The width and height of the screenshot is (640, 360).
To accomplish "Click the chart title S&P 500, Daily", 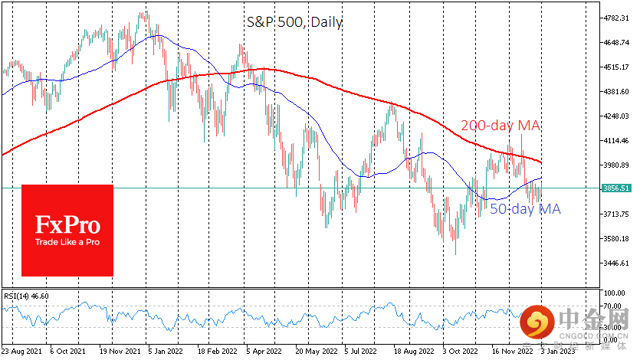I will [x=294, y=22].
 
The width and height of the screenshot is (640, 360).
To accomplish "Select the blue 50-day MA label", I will [x=526, y=209].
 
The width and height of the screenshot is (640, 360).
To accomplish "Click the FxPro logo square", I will [x=67, y=230].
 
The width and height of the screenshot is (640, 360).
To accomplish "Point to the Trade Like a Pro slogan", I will [x=67, y=242].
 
